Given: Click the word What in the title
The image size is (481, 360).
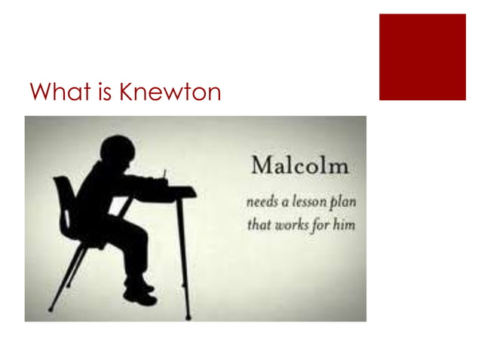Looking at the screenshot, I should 54,93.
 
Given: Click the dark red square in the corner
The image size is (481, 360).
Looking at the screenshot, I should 422,56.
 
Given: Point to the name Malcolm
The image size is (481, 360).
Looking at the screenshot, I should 291,165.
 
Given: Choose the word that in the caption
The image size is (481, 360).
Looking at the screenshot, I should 262,224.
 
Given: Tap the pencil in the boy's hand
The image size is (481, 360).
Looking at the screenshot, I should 165,178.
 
